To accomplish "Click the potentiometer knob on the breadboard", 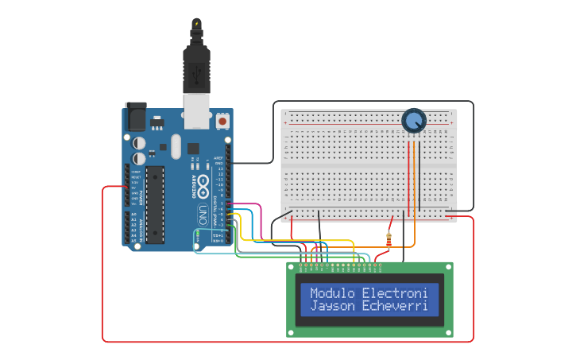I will (x=413, y=121).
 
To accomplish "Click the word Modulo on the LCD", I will (x=333, y=292).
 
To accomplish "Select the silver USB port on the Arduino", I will (x=196, y=111).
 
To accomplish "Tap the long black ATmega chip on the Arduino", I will (x=155, y=204).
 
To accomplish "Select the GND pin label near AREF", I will (x=220, y=163).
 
